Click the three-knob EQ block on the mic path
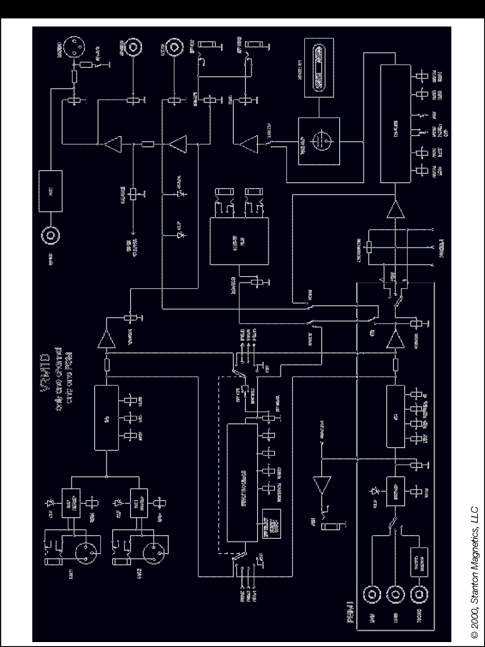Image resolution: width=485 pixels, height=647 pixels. (x=106, y=417)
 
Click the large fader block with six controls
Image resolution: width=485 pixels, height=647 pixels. (x=395, y=123)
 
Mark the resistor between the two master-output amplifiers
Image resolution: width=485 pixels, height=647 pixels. (x=148, y=144)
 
